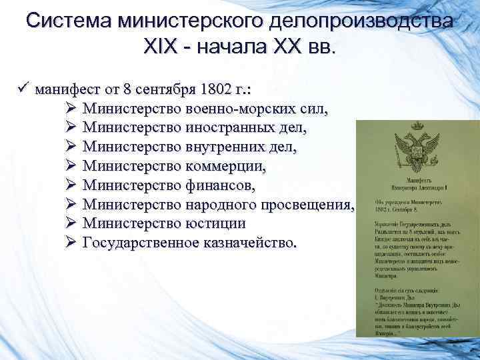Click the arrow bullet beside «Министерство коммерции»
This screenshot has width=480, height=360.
[71, 164]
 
